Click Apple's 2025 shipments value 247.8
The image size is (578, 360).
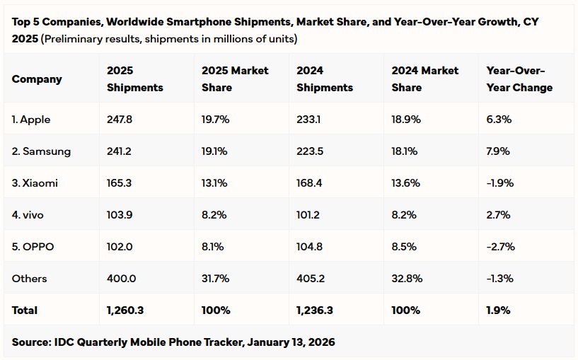[x=119, y=120]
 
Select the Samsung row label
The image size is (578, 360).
[x=41, y=151]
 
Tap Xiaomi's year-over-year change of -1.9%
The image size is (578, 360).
[x=500, y=183]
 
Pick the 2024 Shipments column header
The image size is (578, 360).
[x=325, y=79]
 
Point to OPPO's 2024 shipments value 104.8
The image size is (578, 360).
[x=311, y=247]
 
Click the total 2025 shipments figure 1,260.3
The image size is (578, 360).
[x=126, y=310]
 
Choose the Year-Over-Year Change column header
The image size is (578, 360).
[x=520, y=79]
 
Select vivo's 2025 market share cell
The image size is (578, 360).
[x=214, y=215]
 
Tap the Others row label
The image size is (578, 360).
[x=29, y=279]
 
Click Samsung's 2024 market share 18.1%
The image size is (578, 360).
[x=405, y=151]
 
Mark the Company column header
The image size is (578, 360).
[x=37, y=79]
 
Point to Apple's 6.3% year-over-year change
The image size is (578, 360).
[x=499, y=120]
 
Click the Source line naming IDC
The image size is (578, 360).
[x=173, y=342]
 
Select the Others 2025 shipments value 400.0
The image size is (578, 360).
[x=121, y=279]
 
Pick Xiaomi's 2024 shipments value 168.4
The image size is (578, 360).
[x=311, y=183]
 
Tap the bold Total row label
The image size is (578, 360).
[x=25, y=310]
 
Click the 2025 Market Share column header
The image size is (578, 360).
[x=235, y=79]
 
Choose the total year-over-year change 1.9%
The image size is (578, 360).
[x=498, y=310]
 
